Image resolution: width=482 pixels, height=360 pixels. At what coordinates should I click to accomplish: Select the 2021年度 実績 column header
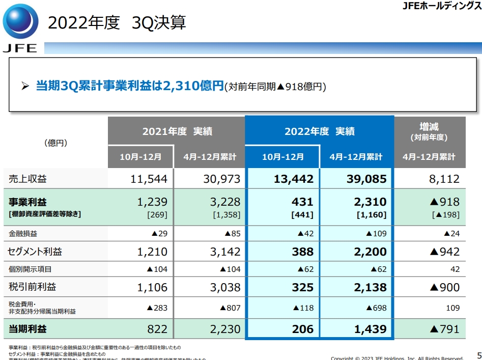point(177,131)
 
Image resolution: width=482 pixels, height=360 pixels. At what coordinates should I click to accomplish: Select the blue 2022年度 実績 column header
point(319,131)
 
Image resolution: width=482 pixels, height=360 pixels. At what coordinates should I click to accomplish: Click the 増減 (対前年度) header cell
point(429,131)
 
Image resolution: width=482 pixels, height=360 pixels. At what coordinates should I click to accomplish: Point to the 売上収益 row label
point(28,179)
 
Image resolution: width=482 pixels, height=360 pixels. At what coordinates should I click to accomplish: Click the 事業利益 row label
point(28,203)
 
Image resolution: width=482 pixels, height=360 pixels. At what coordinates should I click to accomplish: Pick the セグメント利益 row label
point(35,252)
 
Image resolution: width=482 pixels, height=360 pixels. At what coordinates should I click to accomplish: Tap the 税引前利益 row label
point(32,287)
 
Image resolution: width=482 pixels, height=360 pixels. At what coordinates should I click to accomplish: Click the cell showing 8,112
point(444,179)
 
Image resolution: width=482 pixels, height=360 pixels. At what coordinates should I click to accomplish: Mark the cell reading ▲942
point(444,252)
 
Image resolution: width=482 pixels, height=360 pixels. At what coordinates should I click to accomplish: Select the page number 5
point(478,355)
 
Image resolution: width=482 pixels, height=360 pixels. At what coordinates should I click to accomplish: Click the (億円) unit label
point(55,144)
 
